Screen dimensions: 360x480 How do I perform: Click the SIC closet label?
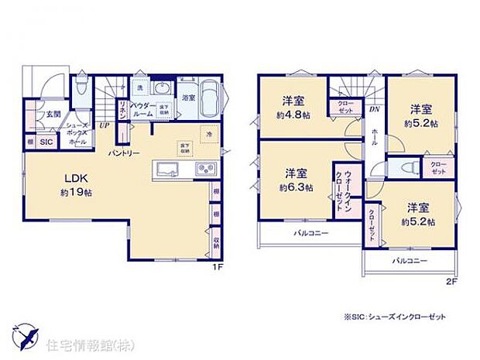(x=46, y=142)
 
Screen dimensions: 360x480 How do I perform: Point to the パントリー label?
(x=124, y=153)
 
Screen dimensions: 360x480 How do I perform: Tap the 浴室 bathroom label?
(x=188, y=98)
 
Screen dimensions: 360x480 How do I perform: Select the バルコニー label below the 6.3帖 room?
(x=310, y=232)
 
